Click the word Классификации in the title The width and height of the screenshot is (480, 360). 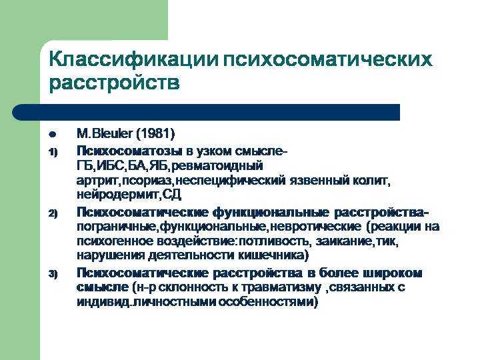[134, 59]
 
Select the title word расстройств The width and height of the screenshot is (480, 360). [114, 83]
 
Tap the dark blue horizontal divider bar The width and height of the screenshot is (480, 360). [206, 112]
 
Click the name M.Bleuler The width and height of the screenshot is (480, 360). [105, 134]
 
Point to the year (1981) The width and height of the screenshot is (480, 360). [155, 134]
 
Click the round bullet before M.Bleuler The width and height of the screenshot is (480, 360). [53, 135]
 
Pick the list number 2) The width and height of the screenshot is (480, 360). [53, 213]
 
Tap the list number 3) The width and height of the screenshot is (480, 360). [53, 274]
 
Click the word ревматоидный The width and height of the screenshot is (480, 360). [217, 166]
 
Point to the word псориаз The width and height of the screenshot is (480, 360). [147, 181]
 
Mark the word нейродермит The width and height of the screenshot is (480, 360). [117, 195]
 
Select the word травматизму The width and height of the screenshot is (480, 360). [281, 287]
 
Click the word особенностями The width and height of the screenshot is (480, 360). [265, 302]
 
